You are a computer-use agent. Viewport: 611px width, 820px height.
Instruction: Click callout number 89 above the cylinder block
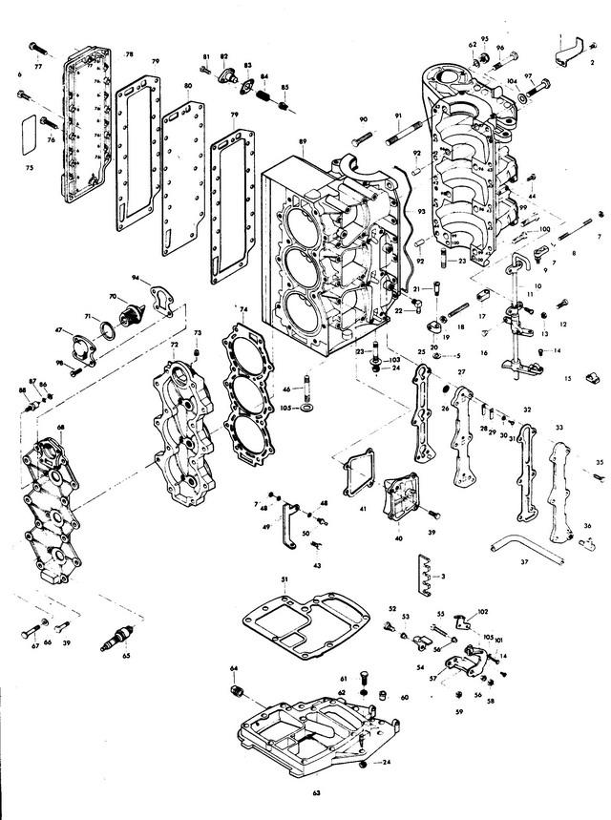click(x=302, y=141)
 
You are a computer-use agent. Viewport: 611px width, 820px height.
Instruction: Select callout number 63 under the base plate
click(x=316, y=792)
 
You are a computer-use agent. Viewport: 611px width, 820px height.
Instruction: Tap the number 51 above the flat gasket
click(x=284, y=579)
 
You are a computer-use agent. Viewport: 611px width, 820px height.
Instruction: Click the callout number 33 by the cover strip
click(x=558, y=428)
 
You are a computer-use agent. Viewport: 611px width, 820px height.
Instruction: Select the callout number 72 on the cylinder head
click(x=175, y=344)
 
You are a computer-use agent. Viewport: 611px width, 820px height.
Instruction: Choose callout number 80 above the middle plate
click(x=188, y=86)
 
